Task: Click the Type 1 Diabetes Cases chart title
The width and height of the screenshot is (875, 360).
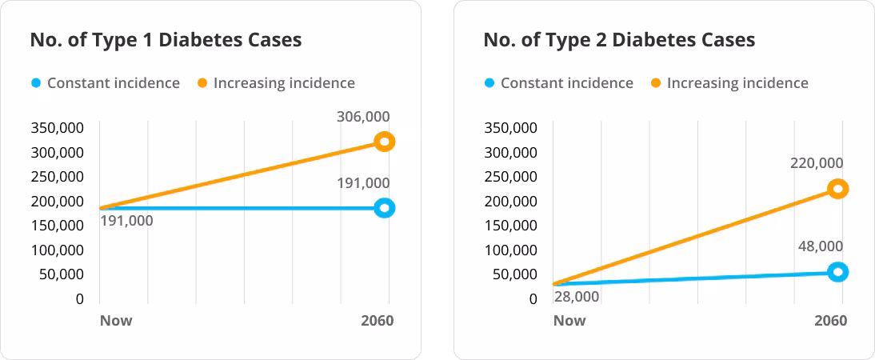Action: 166,40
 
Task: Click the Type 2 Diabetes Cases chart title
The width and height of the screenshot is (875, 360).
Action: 619,40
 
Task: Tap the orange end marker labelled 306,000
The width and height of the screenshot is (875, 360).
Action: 385,142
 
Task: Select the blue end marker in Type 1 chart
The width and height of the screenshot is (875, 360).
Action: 385,208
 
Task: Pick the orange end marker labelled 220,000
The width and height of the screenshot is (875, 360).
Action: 837,189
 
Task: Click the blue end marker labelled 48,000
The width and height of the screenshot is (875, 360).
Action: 837,272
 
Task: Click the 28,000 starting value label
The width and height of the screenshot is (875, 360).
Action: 576,297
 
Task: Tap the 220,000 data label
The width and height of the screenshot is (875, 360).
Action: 816,163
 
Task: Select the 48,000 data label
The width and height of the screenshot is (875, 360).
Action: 820,246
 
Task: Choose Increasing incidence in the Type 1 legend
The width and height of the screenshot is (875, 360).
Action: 284,83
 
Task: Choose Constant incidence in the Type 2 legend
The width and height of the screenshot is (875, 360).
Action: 566,83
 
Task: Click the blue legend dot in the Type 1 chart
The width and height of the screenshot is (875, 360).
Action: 36,83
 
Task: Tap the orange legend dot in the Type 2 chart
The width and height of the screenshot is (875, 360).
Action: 656,83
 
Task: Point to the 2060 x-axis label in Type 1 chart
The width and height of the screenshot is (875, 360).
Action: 378,321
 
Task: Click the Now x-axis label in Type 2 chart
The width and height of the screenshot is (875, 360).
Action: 569,321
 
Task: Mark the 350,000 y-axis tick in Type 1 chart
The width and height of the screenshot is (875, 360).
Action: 57,128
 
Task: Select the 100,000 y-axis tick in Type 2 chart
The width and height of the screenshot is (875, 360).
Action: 510,250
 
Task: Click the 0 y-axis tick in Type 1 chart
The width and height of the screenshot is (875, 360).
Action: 79,299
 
